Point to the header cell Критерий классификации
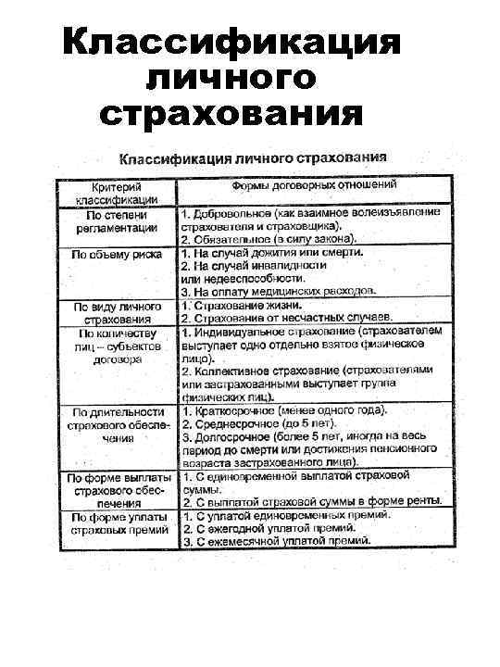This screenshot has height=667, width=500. click(117, 192)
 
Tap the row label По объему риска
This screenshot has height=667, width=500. click(117, 253)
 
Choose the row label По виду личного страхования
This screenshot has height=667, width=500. click(117, 311)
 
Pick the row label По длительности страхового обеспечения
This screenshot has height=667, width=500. click(117, 425)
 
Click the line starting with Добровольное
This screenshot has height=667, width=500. click(310, 214)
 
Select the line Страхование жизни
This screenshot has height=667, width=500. click(243, 305)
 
